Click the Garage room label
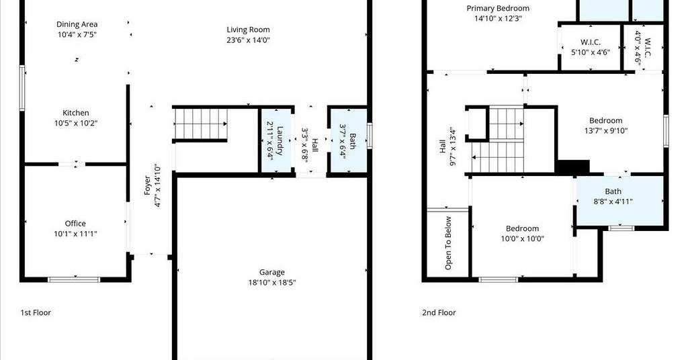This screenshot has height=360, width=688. [x=272, y=272]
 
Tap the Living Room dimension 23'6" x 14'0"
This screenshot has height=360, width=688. [x=249, y=40]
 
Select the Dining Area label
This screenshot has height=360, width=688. [x=77, y=24]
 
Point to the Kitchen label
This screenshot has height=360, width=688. [x=75, y=113]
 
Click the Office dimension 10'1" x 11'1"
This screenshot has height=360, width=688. [x=75, y=234]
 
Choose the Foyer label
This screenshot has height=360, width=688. [x=147, y=185]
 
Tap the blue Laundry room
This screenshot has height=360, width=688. [x=276, y=140]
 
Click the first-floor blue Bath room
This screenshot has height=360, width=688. [x=349, y=140]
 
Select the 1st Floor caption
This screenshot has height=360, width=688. [x=36, y=312]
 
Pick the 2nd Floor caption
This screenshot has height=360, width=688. [x=439, y=312]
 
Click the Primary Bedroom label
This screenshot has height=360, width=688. [x=498, y=8]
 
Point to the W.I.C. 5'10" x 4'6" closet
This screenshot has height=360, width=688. [x=591, y=48]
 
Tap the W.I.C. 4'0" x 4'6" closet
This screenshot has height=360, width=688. [x=643, y=48]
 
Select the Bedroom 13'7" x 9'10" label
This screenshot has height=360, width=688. [x=606, y=121]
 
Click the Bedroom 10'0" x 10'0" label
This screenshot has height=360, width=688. [x=522, y=228]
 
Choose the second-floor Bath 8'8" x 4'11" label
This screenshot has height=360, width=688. [x=613, y=191]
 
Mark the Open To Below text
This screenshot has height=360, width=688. [x=448, y=243]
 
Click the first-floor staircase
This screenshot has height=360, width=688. [x=201, y=124]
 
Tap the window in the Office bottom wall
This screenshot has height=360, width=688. [x=74, y=279]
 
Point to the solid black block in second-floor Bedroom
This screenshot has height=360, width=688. [x=572, y=167]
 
